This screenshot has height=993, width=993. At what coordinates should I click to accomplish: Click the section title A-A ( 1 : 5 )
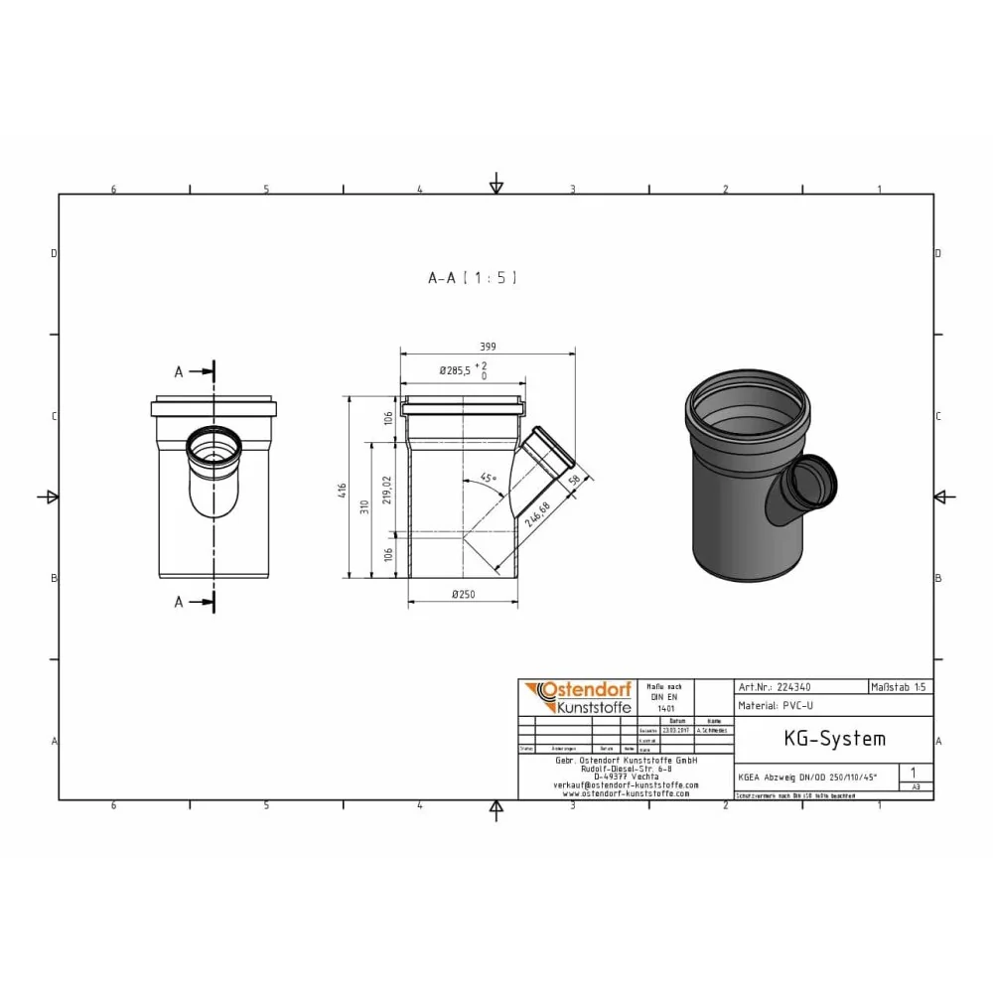point(472,279)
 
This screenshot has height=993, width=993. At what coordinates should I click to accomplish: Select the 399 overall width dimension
point(487,347)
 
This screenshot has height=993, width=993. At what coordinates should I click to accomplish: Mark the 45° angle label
point(488,479)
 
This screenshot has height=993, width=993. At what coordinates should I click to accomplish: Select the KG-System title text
point(820,739)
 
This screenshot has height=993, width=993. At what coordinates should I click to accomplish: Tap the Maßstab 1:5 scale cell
point(900,686)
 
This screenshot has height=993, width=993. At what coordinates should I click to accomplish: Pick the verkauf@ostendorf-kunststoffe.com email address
point(625,784)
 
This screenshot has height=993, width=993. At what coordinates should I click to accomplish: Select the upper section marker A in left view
point(180,371)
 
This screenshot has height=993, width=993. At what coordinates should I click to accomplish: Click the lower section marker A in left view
point(180,602)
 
